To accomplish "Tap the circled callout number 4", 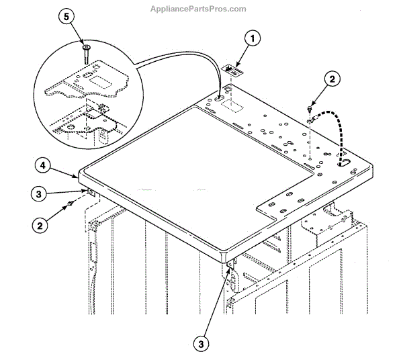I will pyautogui.click(x=42, y=165).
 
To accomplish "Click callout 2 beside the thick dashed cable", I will pyautogui.click(x=330, y=78).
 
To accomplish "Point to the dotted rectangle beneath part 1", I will pyautogui.click(x=232, y=105).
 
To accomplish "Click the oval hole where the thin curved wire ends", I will pyautogui.click(x=220, y=99).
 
